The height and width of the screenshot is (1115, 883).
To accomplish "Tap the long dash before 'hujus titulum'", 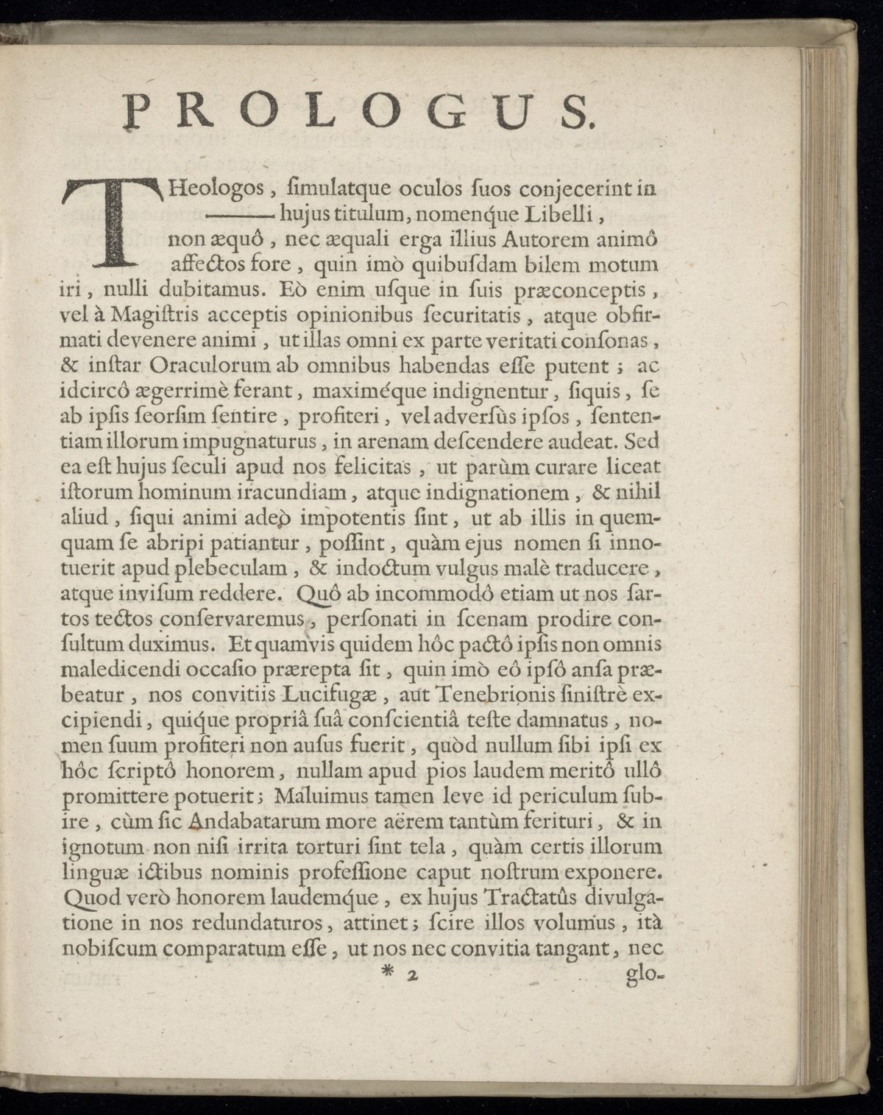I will pyautogui.click(x=238, y=217).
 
